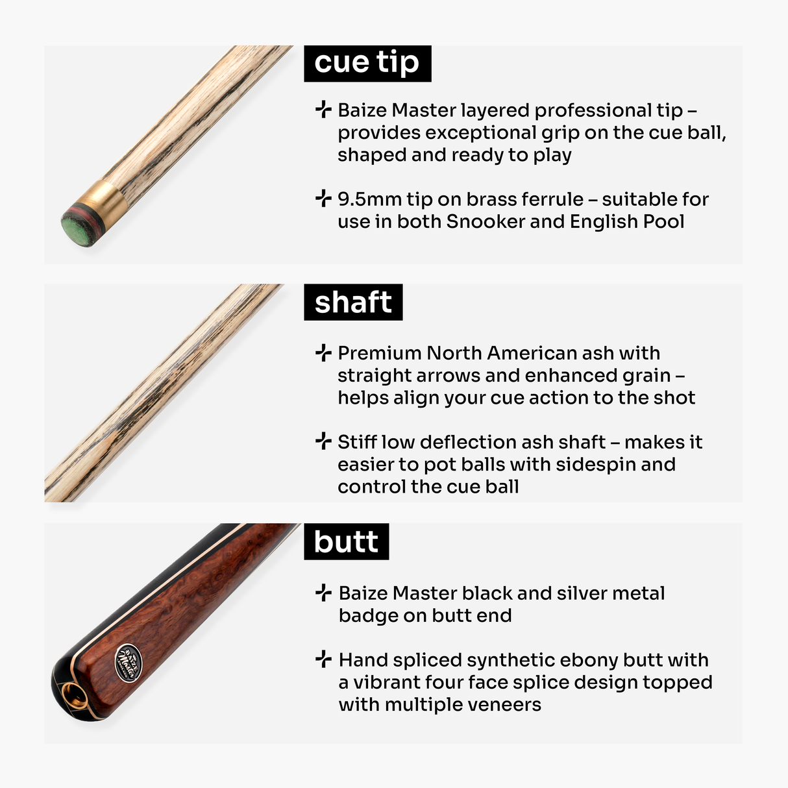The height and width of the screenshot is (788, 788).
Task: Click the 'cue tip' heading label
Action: pos(367,63)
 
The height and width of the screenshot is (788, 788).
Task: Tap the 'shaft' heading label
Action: pos(353,302)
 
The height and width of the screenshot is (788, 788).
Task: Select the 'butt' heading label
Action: pos(346,541)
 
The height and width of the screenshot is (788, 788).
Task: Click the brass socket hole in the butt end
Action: pos(74,697)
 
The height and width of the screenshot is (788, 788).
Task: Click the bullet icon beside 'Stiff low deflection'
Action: pos(323,442)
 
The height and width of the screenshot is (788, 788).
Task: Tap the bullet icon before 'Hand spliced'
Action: pos(323,659)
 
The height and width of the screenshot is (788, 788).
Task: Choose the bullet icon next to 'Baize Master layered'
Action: pos(323,110)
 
